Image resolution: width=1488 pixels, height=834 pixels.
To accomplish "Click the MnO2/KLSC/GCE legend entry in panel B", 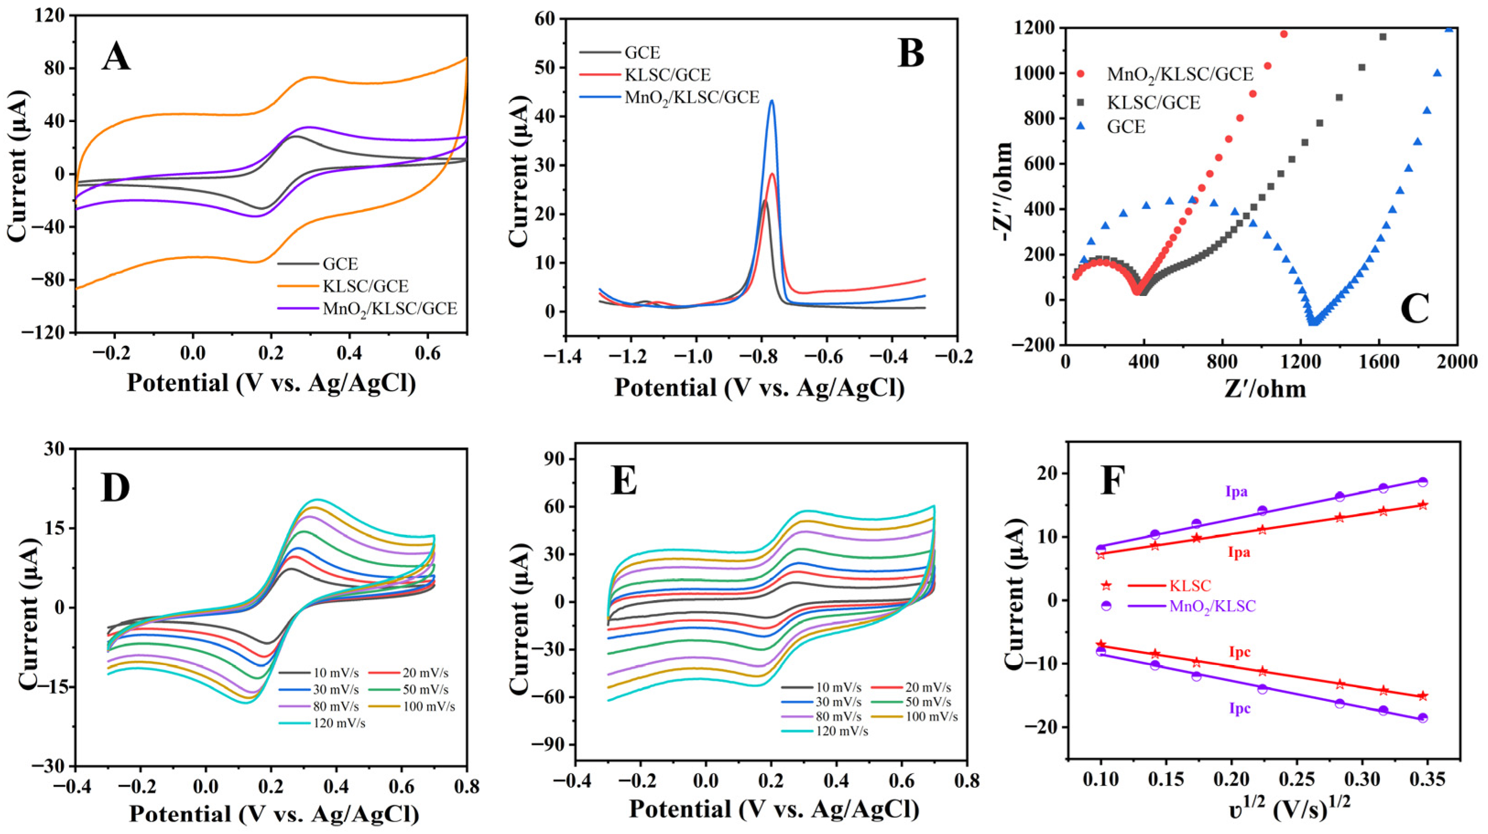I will point(691,97).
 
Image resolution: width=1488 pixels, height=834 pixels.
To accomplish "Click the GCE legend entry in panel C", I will point(1126,126).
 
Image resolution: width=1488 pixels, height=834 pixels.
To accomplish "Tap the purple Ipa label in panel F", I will point(1236,492).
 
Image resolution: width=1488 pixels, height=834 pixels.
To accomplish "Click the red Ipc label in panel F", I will point(1239,652).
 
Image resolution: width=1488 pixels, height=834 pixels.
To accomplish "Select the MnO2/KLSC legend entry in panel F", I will point(1212,606).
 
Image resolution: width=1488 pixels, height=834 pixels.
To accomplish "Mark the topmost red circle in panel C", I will point(1263,34).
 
